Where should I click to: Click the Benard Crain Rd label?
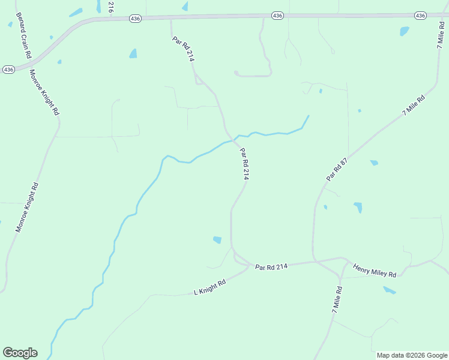[x=23, y=35]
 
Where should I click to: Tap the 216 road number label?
[x=110, y=7]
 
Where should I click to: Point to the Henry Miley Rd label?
[x=375, y=270]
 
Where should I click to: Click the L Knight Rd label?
[x=209, y=287]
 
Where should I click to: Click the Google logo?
[x=20, y=353]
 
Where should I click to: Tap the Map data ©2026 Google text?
[x=412, y=355]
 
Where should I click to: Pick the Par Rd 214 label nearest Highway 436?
[x=184, y=49]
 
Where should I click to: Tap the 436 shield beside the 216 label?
[x=135, y=19]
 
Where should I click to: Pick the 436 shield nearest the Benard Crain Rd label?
[x=8, y=70]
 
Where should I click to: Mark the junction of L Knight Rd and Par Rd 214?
[x=249, y=265]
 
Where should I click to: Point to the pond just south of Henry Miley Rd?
[x=390, y=290]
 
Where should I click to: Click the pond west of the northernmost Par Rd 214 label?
[x=133, y=53]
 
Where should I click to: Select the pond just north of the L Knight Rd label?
[x=217, y=240]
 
